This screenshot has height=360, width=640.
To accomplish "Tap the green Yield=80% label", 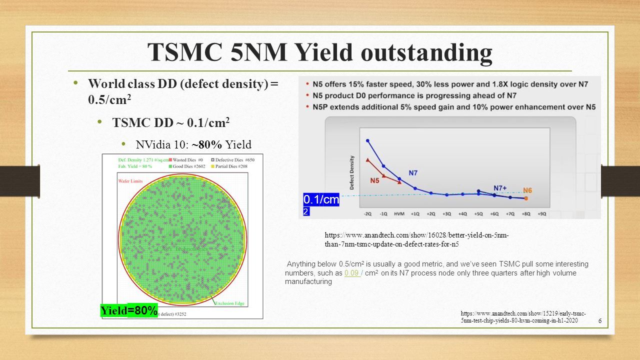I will click(129, 310).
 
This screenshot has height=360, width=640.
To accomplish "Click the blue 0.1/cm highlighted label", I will click(321, 200).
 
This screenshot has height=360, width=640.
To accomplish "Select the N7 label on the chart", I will click(413, 173).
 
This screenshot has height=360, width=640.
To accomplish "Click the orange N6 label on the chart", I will click(527, 190).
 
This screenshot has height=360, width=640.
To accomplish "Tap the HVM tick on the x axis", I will click(399, 213).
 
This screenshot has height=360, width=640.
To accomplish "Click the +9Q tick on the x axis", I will click(541, 213).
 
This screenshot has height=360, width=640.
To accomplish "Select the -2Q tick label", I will click(367, 213).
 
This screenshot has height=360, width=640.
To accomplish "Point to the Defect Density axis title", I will click(351, 171).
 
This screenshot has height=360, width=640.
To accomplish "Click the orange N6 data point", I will click(526, 198).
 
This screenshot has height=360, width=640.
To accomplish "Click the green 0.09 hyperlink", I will click(352, 273).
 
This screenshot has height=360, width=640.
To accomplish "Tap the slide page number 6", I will click(599, 320).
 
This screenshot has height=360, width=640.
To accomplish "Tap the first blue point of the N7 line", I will click(368, 141).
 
